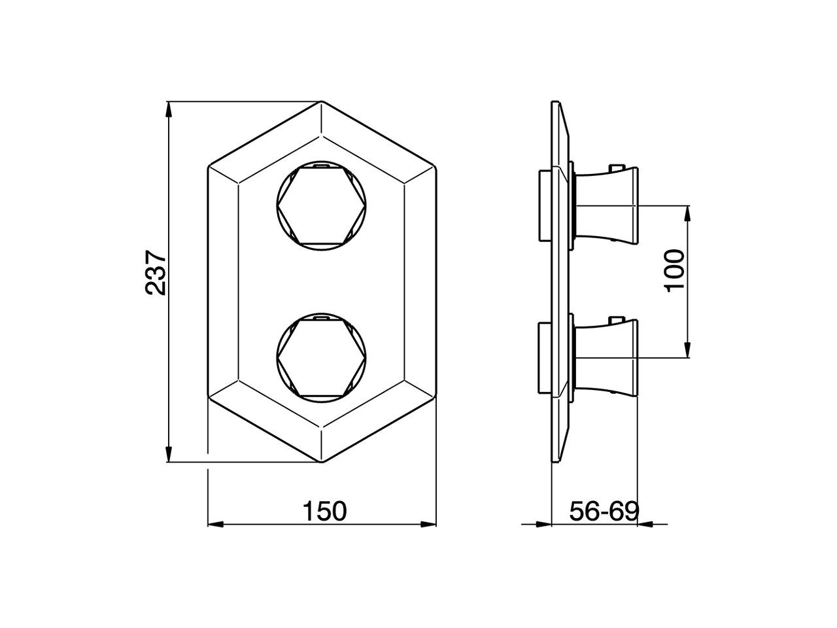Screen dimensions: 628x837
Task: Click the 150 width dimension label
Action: [324, 511]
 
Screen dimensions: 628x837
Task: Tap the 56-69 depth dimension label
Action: [603, 511]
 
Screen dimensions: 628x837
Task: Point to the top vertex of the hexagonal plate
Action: [322, 101]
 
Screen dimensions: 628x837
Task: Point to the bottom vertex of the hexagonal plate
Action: [322, 462]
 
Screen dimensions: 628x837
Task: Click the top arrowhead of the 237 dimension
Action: [169, 110]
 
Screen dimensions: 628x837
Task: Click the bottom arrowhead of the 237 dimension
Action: [169, 455]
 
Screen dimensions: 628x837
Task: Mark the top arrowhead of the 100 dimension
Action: [688, 213]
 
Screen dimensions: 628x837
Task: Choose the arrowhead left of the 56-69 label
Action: [543, 524]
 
